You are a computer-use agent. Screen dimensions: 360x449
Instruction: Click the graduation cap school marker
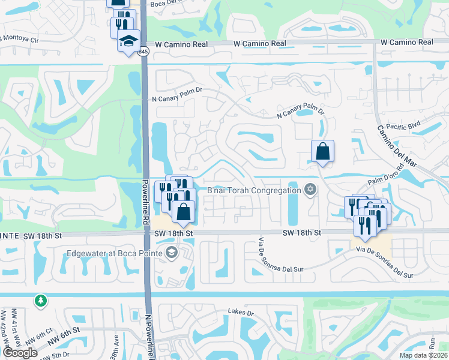(x=128, y=41)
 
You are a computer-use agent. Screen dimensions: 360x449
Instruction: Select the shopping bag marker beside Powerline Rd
(x=183, y=212)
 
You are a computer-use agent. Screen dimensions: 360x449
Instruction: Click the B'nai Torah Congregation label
(x=253, y=190)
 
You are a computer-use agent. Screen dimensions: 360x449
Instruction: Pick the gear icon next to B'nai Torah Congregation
(x=310, y=190)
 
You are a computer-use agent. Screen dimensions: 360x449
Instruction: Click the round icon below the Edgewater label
(x=171, y=253)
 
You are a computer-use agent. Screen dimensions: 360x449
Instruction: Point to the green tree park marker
(x=40, y=299)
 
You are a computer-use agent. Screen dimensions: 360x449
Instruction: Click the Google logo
(x=20, y=353)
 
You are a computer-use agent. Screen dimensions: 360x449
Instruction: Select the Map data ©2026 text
(x=423, y=355)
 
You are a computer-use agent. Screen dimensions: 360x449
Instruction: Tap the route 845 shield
(x=143, y=52)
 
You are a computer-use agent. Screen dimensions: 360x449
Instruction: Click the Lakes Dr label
(x=241, y=312)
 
